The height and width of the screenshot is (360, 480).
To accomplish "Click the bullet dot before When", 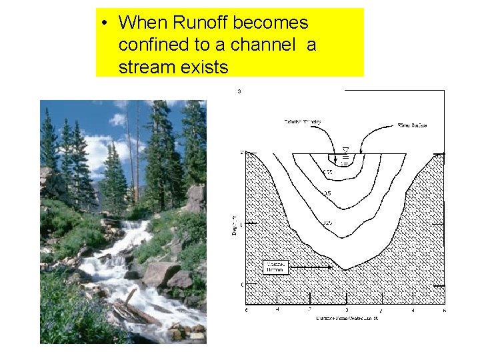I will coord(105,23).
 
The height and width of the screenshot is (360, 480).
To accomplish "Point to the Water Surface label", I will coord(412,125).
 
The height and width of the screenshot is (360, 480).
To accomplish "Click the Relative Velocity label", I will coord(303,122).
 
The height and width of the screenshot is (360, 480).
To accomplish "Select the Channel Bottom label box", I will coord(275,267).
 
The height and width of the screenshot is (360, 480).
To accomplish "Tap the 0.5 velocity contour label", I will coord(327,193).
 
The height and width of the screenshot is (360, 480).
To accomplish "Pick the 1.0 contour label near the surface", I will coord(344,161).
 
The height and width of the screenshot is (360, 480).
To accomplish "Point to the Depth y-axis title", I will coord(235,227).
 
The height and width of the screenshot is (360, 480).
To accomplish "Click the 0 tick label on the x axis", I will coord(346,311).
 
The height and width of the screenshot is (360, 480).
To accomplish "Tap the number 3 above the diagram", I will coord(239,91).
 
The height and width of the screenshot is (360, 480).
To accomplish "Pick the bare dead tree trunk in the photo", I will coord(138,153).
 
